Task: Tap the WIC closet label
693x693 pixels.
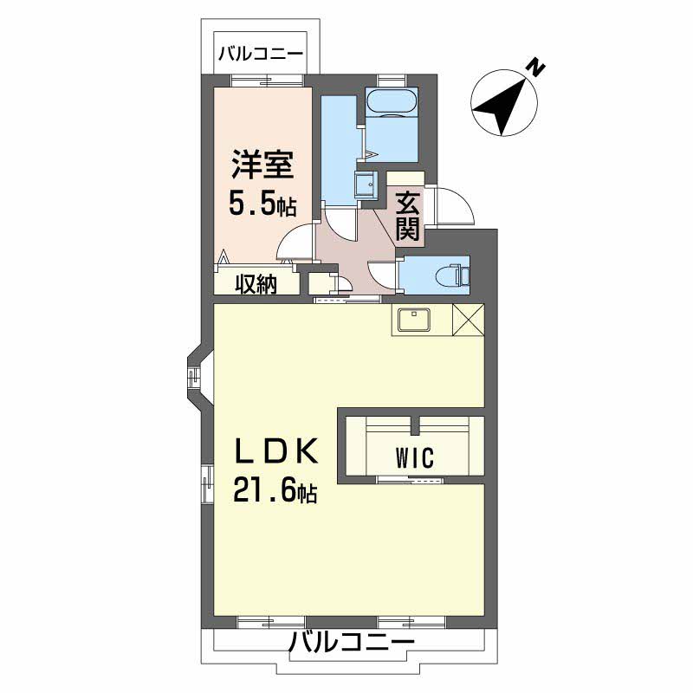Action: point(411,457)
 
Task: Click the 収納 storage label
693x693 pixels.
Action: point(255,282)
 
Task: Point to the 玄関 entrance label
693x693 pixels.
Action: point(407,217)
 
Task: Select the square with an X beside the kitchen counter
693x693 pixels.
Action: point(468,321)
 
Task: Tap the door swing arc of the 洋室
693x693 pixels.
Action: point(297,240)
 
